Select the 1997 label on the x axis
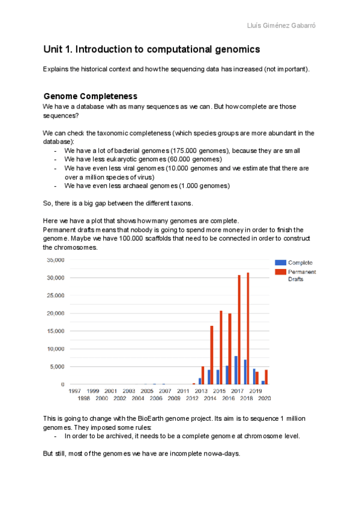75,391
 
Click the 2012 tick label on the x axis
193,398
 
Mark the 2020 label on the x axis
265,398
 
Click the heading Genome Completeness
91,96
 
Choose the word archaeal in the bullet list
130,186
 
